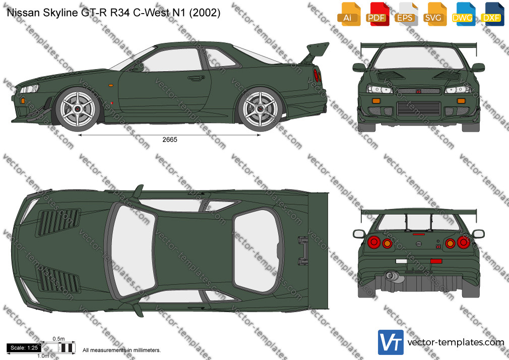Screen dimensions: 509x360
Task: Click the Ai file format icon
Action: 348,14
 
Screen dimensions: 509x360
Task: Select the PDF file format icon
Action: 376,14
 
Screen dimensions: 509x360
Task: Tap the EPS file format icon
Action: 405,14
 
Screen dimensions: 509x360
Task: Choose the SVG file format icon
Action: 434,14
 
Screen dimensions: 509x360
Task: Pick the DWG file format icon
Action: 462,14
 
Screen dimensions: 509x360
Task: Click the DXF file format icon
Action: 491,14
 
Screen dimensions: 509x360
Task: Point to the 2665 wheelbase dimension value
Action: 170,140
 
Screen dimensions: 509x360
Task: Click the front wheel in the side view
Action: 78,109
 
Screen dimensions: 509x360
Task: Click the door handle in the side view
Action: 196,78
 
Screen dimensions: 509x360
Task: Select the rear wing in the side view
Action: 315,52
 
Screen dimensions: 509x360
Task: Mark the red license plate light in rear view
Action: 436,261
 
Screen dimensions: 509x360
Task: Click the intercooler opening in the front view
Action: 419,108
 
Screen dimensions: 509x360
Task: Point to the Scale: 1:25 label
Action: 24,348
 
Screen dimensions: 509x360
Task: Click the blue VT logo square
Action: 391,342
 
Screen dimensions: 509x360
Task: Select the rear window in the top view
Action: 258,250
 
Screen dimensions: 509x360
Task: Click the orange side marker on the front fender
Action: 111,85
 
